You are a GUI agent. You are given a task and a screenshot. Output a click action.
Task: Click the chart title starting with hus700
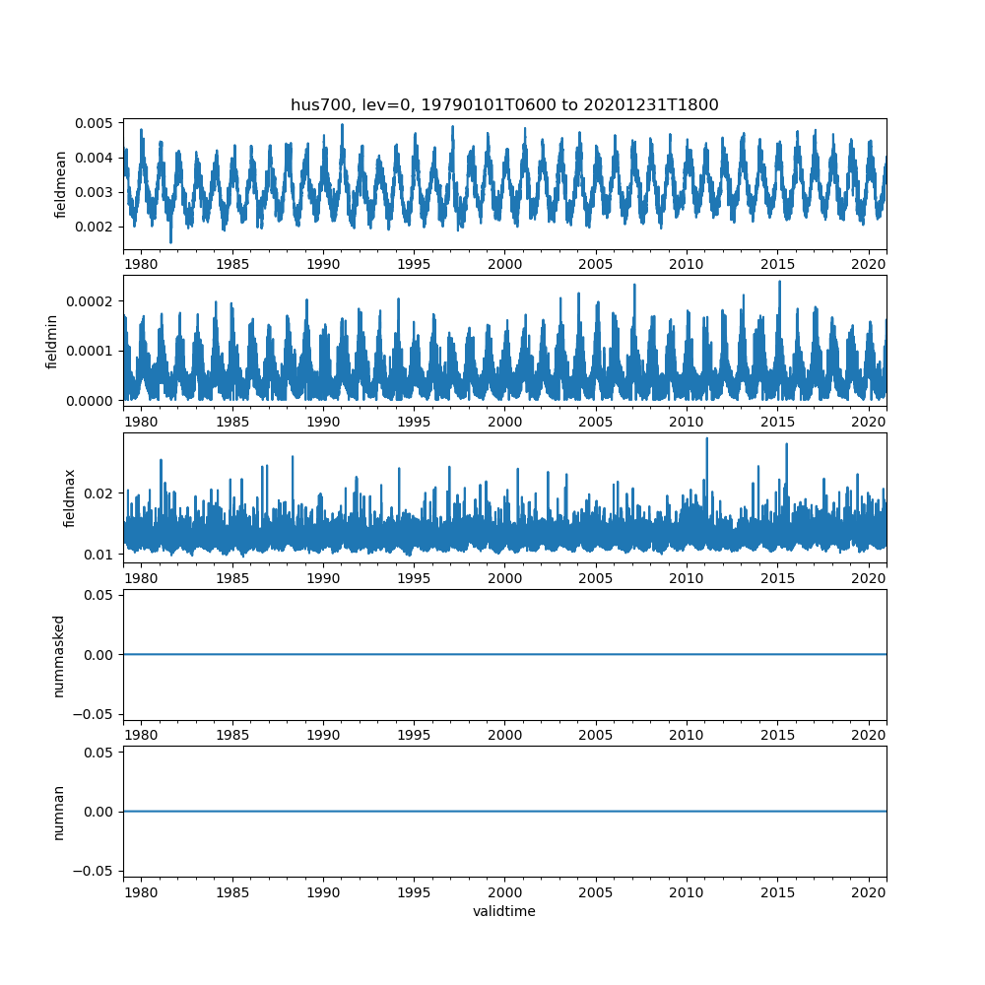(x=504, y=104)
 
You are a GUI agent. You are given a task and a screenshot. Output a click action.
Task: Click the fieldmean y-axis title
(x=61, y=184)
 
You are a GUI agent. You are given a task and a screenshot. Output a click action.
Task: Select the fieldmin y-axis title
(x=52, y=340)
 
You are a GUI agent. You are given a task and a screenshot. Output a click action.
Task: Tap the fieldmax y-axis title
(x=69, y=497)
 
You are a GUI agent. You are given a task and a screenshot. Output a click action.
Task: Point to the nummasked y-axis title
(x=59, y=654)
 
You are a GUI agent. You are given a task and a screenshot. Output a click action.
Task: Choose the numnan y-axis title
(x=59, y=812)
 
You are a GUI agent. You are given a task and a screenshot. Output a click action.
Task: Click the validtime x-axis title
(x=504, y=912)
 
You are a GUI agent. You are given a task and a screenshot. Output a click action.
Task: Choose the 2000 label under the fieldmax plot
(x=505, y=578)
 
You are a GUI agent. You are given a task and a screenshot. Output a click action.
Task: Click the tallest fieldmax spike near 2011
(x=706, y=438)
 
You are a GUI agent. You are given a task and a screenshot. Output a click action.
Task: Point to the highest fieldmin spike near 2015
(x=779, y=282)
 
